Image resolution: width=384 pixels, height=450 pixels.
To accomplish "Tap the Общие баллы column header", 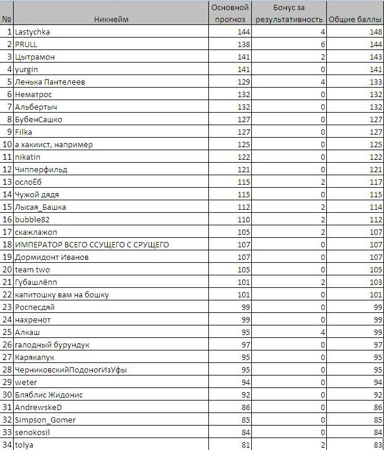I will pos(355,20).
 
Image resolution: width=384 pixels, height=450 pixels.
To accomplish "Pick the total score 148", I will pos(374,32).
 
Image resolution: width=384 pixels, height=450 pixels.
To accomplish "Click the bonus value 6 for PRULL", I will pos(322,45).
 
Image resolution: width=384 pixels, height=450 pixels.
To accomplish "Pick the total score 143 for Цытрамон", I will pos(374,57).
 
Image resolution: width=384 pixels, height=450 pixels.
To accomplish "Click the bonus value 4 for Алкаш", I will pos(322,332).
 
